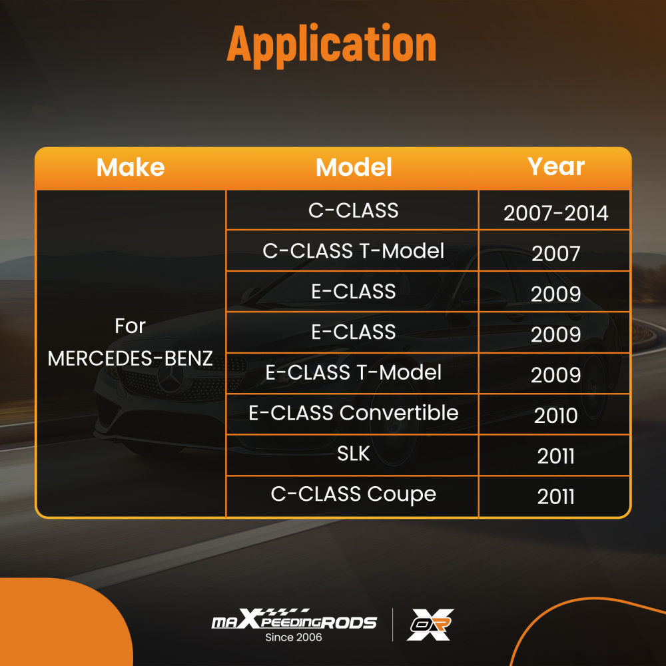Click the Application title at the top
(x=331, y=45)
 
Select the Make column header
(x=131, y=167)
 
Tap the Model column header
(x=354, y=167)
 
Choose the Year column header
(x=556, y=166)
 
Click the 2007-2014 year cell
(x=556, y=213)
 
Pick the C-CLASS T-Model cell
(x=354, y=251)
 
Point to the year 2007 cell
(x=556, y=254)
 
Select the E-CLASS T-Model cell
(x=354, y=372)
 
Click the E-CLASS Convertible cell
(x=354, y=413)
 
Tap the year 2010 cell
(x=556, y=416)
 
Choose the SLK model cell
(x=354, y=454)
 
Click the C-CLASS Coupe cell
(x=354, y=494)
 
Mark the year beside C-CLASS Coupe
(x=556, y=497)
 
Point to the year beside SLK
(x=556, y=456)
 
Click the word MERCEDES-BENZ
(x=131, y=358)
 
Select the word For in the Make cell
(x=131, y=326)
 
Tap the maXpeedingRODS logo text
(x=294, y=622)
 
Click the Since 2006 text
(x=294, y=637)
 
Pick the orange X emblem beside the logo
(x=430, y=624)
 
